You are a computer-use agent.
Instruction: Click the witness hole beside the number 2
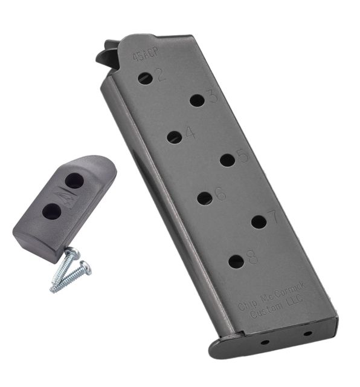point(145,78)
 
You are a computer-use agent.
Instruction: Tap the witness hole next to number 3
point(198,100)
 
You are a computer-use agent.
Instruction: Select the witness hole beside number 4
point(175,137)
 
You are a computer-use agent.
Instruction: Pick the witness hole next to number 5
point(227,160)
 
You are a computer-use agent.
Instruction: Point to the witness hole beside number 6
point(205,198)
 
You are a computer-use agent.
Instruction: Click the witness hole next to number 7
point(259,222)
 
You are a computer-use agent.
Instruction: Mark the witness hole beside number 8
point(236,262)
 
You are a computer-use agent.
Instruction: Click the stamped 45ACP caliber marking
point(146,54)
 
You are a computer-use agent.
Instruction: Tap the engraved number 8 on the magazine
point(252,257)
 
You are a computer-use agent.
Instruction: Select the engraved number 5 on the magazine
point(243,156)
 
